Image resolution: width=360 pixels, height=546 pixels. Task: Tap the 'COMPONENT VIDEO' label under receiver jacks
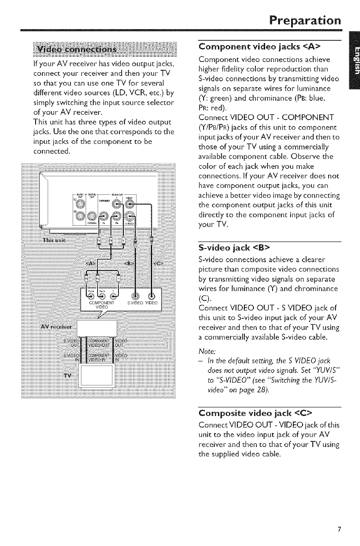coord(102,305)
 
